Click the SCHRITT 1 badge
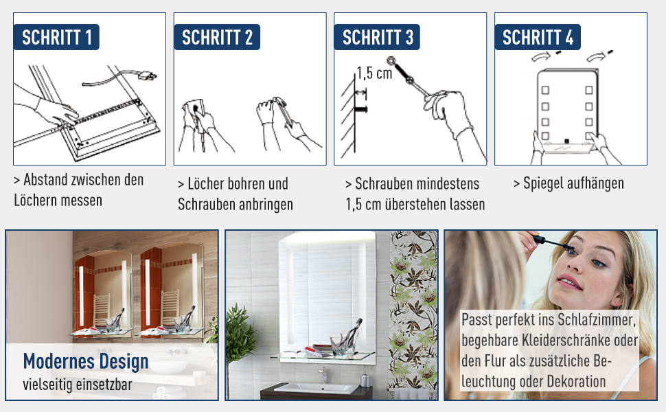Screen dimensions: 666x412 pos(56,37)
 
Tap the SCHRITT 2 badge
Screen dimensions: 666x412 pos(216,37)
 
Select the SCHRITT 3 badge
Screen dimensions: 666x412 pos(377,37)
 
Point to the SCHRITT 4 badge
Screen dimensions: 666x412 pos(538,37)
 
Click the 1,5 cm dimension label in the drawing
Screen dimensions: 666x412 pos(374,73)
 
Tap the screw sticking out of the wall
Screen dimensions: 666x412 pos(361,110)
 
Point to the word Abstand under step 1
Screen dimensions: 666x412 pos(46,180)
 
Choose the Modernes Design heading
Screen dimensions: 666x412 pos(86,361)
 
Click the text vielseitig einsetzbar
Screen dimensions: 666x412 pos(78,385)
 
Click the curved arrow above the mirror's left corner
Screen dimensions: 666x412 pos(542,56)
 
